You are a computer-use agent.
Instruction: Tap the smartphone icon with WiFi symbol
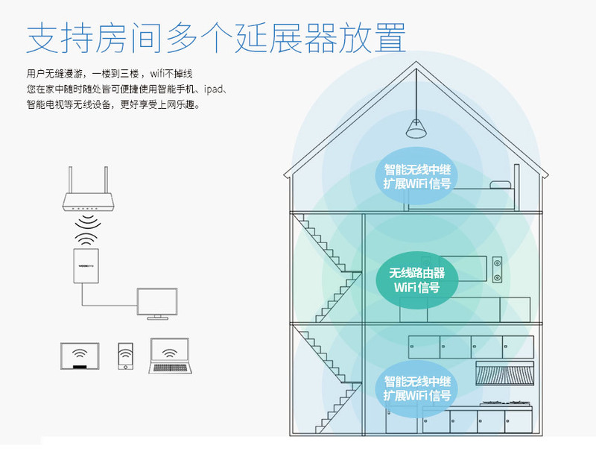pyautogui.click(x=125, y=356)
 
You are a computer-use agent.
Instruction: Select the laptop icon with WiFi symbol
pyautogui.click(x=170, y=357)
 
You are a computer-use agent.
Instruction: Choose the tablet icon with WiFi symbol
pyautogui.click(x=81, y=356)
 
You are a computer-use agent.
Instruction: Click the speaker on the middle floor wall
pyautogui.click(x=497, y=270)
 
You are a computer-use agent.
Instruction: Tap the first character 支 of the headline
pyautogui.click(x=42, y=37)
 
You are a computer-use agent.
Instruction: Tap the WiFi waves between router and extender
pyautogui.click(x=88, y=230)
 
